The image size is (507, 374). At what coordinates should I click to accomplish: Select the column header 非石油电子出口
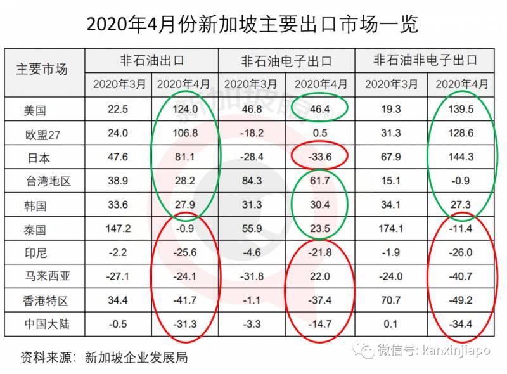[x=286, y=61]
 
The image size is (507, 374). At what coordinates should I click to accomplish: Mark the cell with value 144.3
[x=461, y=157]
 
